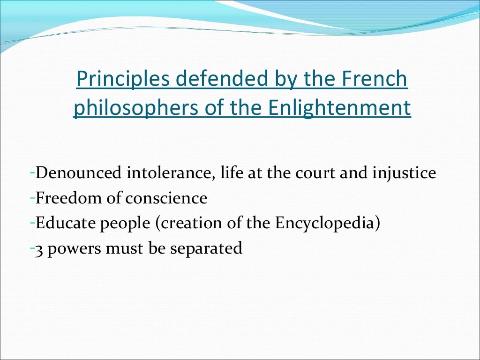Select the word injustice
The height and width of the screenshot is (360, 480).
[x=404, y=173]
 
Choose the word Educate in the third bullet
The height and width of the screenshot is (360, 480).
[x=65, y=223]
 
